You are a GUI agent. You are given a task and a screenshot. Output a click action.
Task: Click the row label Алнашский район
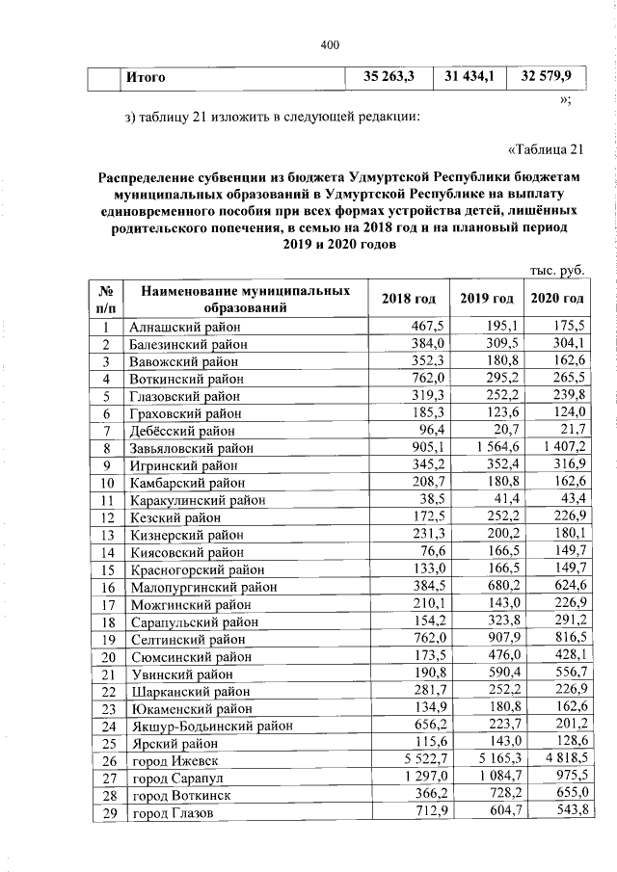[182, 328]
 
